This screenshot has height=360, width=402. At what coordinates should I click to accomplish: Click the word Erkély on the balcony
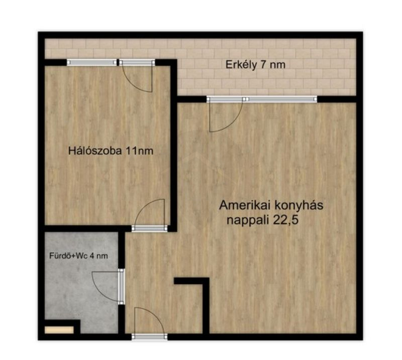[241, 65]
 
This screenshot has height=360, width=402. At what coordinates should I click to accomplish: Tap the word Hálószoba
[95, 151]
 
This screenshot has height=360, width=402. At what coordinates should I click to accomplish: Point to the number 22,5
[285, 220]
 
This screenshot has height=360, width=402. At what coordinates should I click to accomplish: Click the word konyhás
[299, 205]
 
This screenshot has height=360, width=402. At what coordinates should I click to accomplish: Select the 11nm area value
[139, 151]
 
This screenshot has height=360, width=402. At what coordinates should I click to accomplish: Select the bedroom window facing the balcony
[92, 62]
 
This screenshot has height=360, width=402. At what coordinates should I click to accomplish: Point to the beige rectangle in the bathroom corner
[59, 329]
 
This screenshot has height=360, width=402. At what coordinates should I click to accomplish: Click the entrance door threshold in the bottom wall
[149, 337]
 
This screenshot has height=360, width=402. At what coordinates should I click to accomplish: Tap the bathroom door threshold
[121, 287]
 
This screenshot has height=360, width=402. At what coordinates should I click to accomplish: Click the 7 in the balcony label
[263, 65]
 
